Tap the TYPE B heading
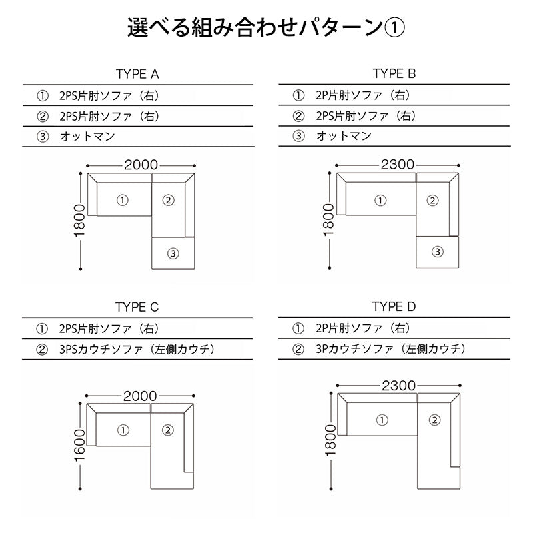pyautogui.click(x=394, y=73)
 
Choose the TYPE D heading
pyautogui.click(x=394, y=307)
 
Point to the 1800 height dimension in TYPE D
pyautogui.click(x=328, y=440)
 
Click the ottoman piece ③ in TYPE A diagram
pyautogui.click(x=173, y=253)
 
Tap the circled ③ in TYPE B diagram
pyautogui.click(x=437, y=251)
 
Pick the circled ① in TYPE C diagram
pyautogui.click(x=123, y=430)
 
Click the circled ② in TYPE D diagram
pyautogui.click(x=434, y=420)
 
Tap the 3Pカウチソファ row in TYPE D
pyautogui.click(x=393, y=348)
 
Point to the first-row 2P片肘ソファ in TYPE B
pyautogui.click(x=360, y=95)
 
